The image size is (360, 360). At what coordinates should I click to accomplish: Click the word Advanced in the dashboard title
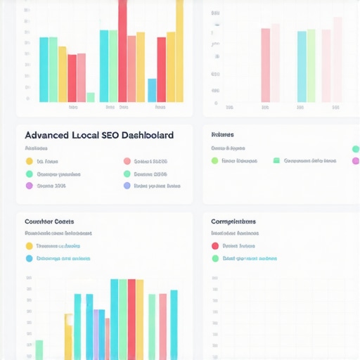[x=47, y=134]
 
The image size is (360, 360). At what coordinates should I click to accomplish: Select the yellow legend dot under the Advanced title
[x=29, y=161]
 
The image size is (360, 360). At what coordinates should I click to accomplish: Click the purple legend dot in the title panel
[x=29, y=186]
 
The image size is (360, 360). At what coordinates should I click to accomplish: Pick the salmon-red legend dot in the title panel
[x=127, y=161]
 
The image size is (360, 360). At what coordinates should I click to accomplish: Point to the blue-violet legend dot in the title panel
[x=127, y=186]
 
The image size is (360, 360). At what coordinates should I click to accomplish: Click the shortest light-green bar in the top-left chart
[x=90, y=97]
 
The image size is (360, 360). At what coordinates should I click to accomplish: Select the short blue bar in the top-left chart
[x=152, y=90]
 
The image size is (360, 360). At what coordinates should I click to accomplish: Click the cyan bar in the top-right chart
[x=302, y=66]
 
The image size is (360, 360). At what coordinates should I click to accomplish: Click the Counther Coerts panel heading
[x=49, y=221]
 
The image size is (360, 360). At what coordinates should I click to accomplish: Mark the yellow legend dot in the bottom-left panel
[x=29, y=246]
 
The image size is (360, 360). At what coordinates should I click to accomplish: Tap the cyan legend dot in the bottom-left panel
[x=29, y=259]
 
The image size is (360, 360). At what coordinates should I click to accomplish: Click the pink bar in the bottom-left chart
[x=163, y=327]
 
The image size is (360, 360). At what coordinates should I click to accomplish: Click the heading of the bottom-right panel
[x=233, y=221]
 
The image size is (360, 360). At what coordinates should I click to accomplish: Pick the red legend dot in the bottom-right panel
[x=215, y=246]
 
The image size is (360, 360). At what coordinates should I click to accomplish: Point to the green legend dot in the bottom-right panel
[x=215, y=259]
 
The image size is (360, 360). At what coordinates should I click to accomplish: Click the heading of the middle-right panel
[x=222, y=134]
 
